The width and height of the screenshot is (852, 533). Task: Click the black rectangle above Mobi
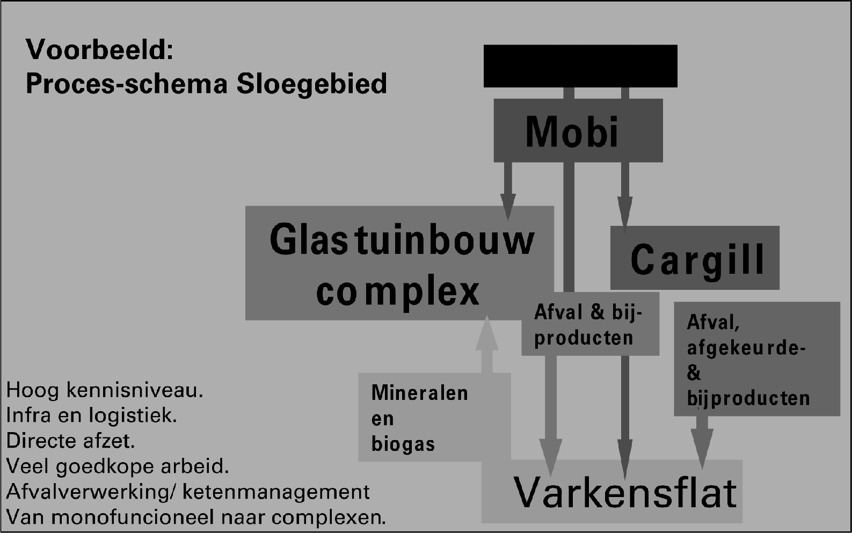click(580, 66)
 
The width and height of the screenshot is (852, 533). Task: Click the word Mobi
click(572, 132)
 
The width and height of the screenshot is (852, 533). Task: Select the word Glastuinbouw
click(402, 240)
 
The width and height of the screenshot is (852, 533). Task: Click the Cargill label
click(697, 260)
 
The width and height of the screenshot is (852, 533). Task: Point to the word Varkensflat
click(625, 492)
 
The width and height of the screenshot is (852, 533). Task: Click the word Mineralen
click(419, 393)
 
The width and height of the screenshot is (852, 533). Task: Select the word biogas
click(403, 444)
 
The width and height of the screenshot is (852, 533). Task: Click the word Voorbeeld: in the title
click(100, 50)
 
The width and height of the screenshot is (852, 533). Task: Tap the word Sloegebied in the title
click(312, 84)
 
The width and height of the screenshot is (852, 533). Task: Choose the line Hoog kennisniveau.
click(105, 390)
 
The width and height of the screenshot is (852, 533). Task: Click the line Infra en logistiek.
click(91, 415)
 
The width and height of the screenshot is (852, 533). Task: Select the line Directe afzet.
click(70, 441)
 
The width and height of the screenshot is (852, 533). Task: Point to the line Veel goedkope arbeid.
click(118, 466)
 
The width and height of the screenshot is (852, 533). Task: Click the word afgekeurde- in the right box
click(746, 348)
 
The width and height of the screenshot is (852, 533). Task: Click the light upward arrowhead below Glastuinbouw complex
click(487, 333)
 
